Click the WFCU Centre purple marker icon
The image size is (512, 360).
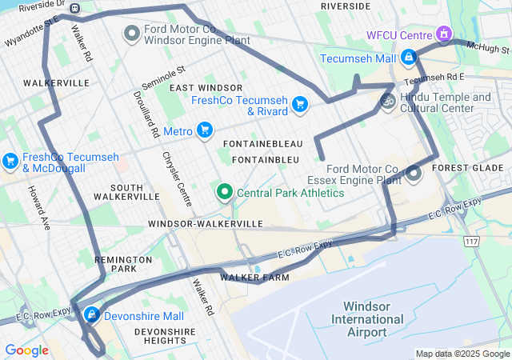point(443,34)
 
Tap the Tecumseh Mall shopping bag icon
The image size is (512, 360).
point(409,58)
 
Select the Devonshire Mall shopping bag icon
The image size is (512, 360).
point(92,314)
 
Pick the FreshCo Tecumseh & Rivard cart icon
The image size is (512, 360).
point(300,104)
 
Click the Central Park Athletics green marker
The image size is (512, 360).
point(225,192)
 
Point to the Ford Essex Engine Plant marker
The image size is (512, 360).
point(414,173)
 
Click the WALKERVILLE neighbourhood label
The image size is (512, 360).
point(56,83)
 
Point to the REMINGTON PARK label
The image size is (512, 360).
point(122,265)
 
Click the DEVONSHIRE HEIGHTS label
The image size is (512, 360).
point(166,336)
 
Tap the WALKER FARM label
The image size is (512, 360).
point(254,278)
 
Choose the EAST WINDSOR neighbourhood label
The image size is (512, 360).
point(206,87)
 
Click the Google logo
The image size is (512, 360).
point(26,350)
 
